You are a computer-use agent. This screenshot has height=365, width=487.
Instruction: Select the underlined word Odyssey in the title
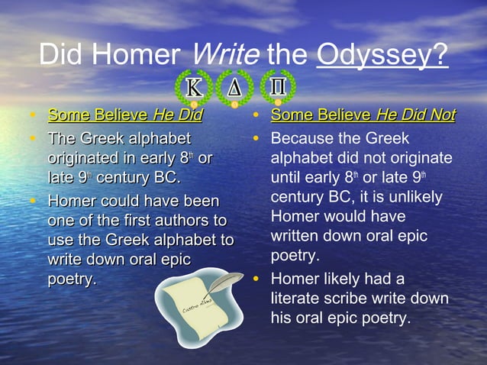click(x=380, y=56)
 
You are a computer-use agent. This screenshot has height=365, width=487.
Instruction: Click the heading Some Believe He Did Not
click(x=363, y=116)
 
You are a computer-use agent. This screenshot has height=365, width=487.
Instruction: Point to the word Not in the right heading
click(x=440, y=116)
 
